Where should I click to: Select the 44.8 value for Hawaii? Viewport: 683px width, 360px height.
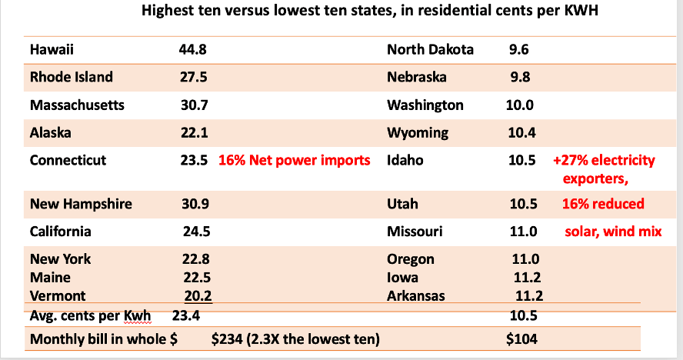pos(195,50)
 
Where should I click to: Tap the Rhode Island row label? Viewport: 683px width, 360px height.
pos(72,77)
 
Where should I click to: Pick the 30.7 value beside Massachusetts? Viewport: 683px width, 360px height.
pos(195,105)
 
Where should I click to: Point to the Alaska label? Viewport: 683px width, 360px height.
pos(51,132)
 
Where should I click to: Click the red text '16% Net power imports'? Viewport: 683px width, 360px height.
pos(295,161)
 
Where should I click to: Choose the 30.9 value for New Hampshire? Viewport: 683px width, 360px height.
pos(195,204)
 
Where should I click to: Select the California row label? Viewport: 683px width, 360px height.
pos(61,232)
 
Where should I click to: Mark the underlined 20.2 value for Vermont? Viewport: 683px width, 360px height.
pos(198,295)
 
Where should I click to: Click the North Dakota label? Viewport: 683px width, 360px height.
pos(431,50)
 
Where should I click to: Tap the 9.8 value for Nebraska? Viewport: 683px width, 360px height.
pos(520,77)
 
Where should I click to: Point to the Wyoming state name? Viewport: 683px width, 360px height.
pos(418,132)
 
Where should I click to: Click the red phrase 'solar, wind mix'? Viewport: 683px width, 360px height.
pos(613,232)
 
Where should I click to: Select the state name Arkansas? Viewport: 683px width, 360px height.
pos(418,295)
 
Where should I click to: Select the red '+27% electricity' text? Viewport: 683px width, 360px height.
pos(604,161)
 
